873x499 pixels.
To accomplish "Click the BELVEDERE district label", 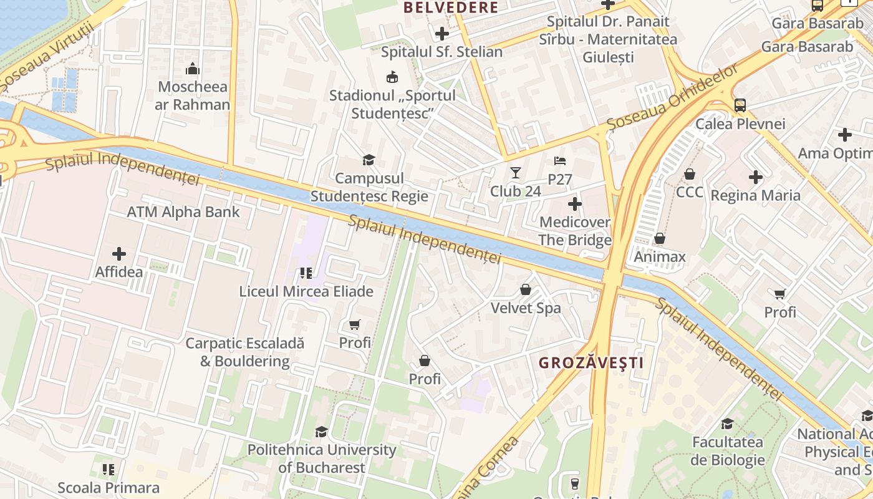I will click(x=451, y=7).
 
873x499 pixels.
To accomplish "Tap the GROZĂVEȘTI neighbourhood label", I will click(x=591, y=362).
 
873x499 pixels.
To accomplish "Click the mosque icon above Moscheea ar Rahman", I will click(x=193, y=68).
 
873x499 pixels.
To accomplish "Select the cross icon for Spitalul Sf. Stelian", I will click(x=442, y=33).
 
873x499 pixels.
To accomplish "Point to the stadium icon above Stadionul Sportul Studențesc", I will click(x=392, y=77).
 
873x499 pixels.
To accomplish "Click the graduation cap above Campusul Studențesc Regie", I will click(x=369, y=160).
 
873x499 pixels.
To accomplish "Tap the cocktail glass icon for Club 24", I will click(x=515, y=173).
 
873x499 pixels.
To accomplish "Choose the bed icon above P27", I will click(x=560, y=161).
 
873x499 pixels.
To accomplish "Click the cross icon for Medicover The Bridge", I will click(x=574, y=203).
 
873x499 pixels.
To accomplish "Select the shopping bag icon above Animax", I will click(x=659, y=238).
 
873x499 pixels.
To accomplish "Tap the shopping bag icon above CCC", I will click(x=690, y=174).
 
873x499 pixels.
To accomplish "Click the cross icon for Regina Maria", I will click(x=756, y=177).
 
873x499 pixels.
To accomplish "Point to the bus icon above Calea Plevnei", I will click(x=740, y=105).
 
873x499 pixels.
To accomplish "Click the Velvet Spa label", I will click(x=526, y=308).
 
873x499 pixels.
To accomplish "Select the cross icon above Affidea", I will click(x=118, y=254).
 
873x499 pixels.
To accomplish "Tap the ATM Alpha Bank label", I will click(x=183, y=212).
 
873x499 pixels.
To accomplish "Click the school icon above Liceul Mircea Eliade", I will click(x=306, y=273).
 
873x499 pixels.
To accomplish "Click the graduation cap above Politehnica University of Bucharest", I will click(x=321, y=432).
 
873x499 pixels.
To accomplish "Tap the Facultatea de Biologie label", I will click(x=727, y=451).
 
